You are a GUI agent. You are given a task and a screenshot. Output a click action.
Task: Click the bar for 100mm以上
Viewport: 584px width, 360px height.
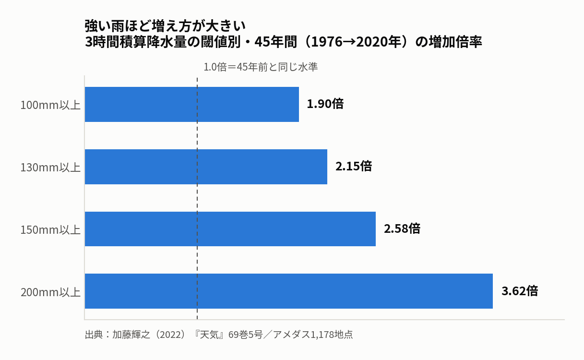tap(192, 104)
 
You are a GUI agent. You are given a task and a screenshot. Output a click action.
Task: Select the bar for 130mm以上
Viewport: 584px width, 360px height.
tap(206, 167)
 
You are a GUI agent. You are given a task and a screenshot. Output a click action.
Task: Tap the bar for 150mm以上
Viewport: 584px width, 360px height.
tap(230, 229)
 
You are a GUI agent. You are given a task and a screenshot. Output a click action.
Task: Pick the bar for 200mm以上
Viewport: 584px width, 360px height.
tap(289, 291)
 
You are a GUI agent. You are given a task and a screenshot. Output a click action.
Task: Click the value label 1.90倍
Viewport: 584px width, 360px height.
tap(325, 104)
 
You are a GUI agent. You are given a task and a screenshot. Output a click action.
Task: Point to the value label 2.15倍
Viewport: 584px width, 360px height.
tap(354, 166)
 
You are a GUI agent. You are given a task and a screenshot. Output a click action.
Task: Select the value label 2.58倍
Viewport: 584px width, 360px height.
tap(402, 228)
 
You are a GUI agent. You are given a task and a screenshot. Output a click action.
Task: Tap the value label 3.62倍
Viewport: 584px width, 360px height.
tap(520, 291)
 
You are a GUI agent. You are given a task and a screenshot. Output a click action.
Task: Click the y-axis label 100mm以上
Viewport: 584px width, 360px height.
tap(50, 105)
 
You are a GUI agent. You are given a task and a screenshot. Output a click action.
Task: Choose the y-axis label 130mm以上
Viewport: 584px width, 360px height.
tap(50, 168)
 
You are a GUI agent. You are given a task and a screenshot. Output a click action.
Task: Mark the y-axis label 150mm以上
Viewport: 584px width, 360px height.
tap(50, 230)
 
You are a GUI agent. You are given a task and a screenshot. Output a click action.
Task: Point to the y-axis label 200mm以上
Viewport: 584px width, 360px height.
tap(50, 292)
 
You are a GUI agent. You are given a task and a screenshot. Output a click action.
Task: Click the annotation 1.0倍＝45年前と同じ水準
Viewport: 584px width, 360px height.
tap(261, 67)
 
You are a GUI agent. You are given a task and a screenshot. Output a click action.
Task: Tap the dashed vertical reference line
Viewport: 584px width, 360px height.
tap(197, 198)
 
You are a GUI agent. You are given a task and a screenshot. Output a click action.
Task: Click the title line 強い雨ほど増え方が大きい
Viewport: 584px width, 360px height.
tap(165, 26)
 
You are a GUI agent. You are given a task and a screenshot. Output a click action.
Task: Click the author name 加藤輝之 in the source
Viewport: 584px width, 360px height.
tap(131, 335)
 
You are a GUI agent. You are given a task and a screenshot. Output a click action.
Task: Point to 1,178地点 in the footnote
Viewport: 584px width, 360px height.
tap(332, 335)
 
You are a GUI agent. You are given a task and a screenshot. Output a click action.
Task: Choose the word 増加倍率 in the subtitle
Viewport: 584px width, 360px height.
tap(455, 42)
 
